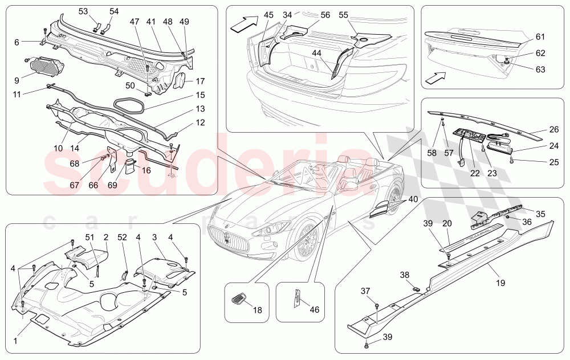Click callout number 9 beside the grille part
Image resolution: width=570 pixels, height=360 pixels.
(17, 80)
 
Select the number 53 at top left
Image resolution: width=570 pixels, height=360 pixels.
(83, 11)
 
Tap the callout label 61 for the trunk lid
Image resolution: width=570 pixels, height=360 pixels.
(540, 37)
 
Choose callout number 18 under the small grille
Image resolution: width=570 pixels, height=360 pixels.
(257, 310)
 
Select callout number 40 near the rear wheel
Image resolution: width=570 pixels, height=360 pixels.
(413, 199)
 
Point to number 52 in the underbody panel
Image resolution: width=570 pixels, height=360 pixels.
(123, 237)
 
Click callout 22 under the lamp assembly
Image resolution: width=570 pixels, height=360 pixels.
(475, 173)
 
